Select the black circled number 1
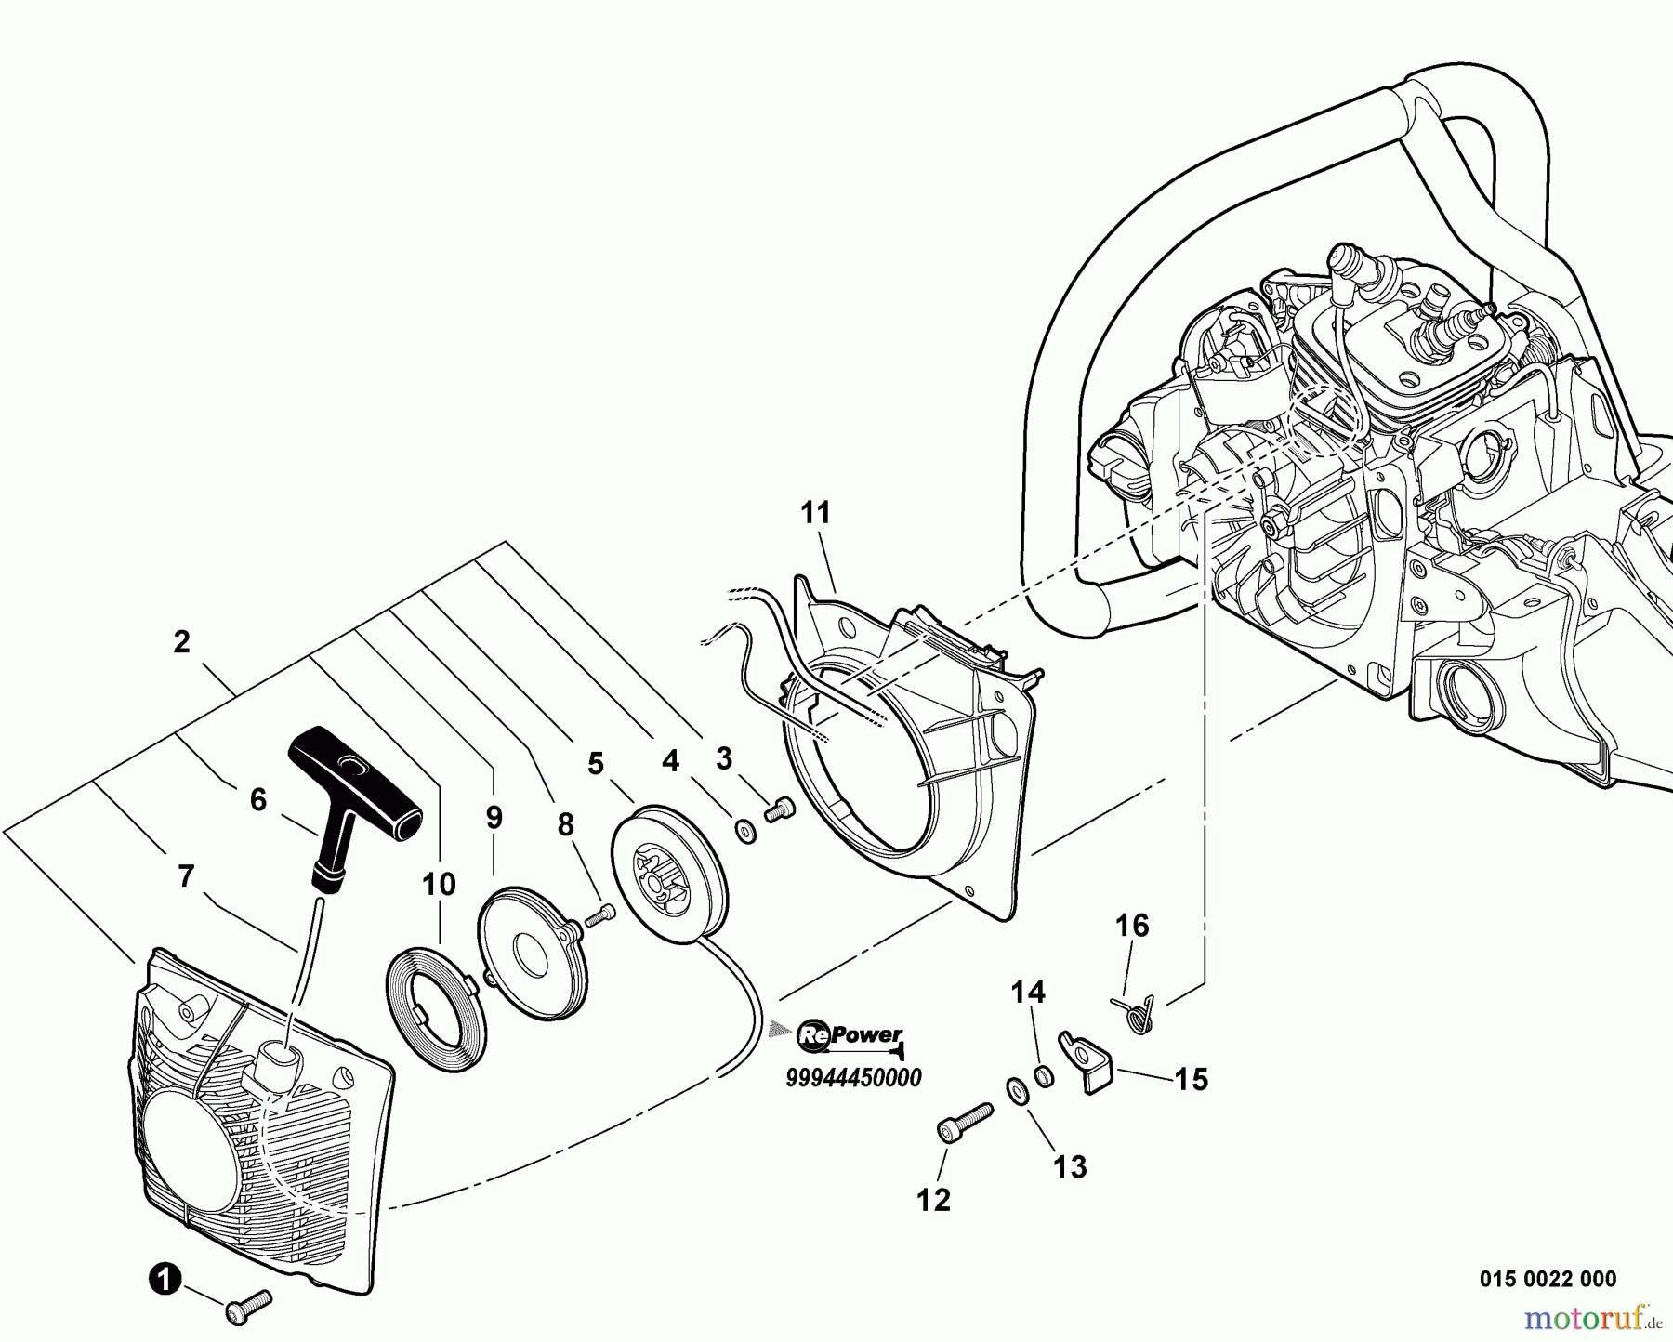164,1280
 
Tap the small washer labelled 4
745,830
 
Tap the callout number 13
1071,1167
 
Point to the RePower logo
850,1036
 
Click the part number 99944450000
853,1078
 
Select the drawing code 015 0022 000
1547,1280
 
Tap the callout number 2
181,641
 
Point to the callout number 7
185,875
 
